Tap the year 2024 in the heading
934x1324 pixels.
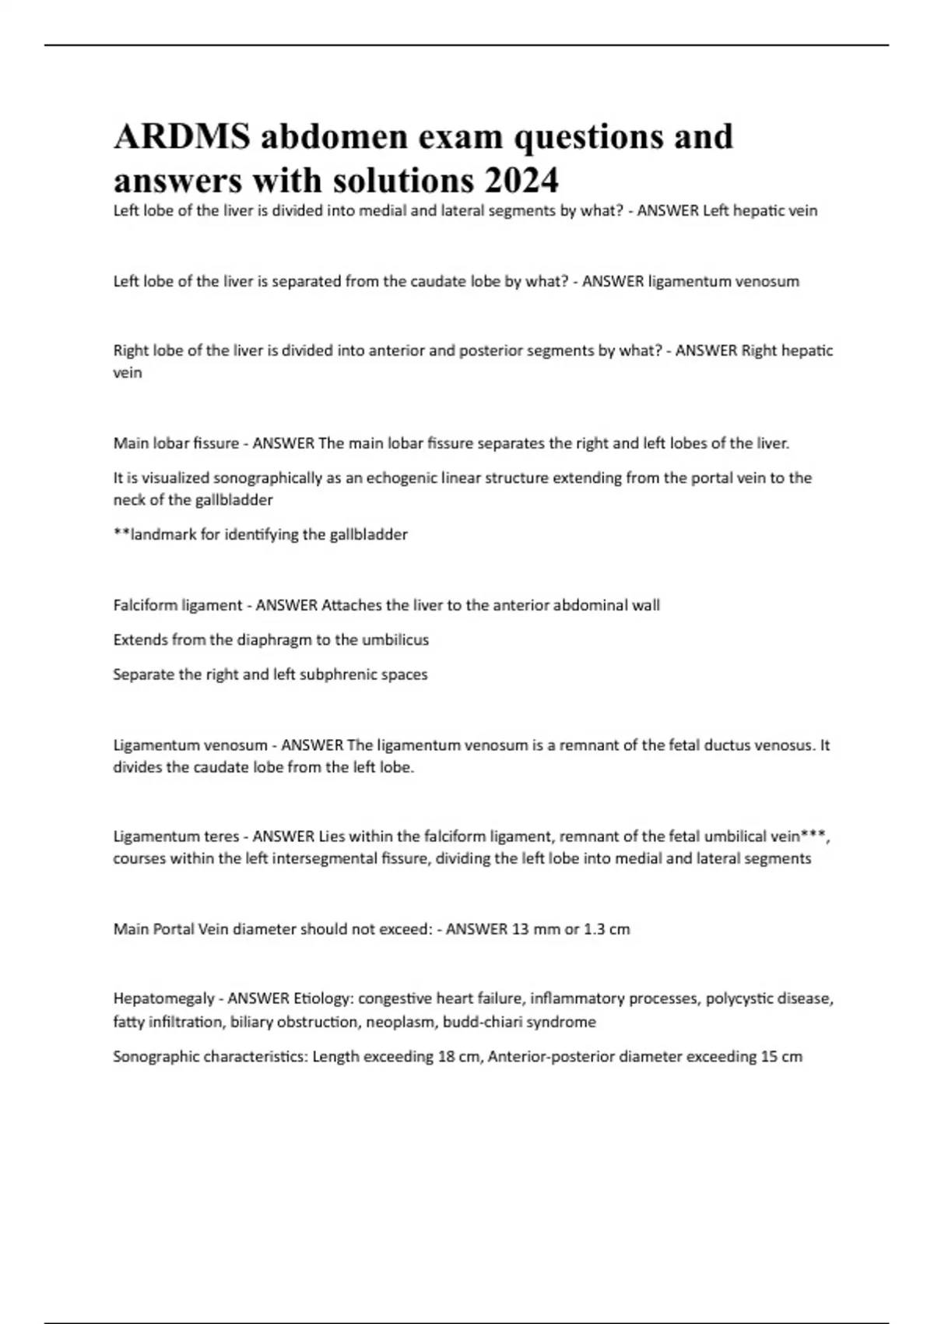pyautogui.click(x=521, y=181)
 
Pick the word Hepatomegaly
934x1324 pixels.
pyautogui.click(x=163, y=998)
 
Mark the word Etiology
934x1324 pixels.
pyautogui.click(x=322, y=998)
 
